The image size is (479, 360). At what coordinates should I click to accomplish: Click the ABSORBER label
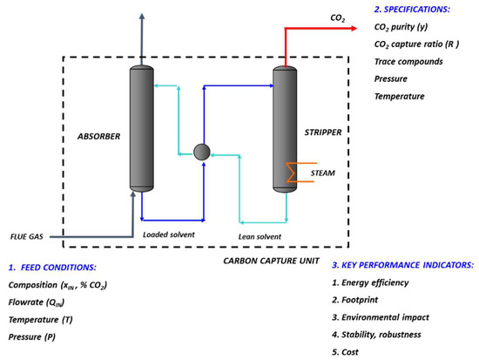[x=98, y=136]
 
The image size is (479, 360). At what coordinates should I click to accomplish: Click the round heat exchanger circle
[x=202, y=151]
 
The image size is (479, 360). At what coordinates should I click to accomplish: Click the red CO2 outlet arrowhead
[x=353, y=28]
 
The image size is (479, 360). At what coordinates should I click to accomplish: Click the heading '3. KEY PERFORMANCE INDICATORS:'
[x=402, y=264]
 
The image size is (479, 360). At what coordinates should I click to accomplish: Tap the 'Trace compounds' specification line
[x=408, y=62]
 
